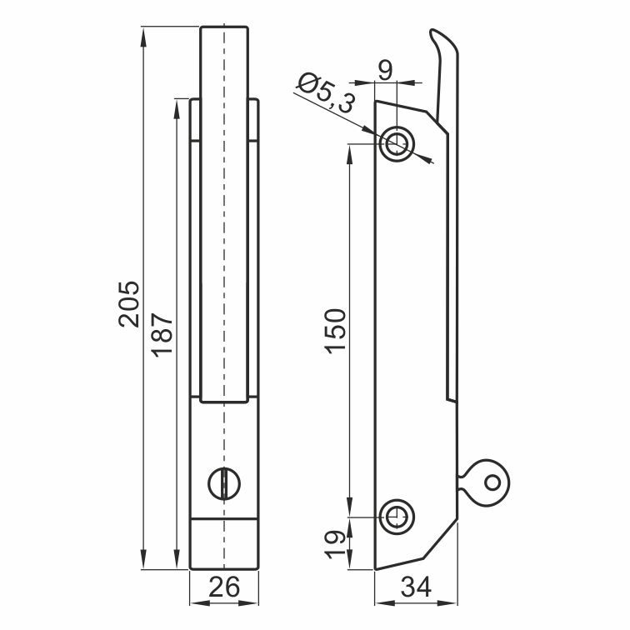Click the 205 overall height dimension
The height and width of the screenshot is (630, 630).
(129, 304)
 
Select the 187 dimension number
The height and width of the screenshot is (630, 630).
(162, 335)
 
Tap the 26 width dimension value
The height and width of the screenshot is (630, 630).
(224, 587)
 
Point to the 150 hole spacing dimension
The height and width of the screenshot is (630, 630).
(336, 331)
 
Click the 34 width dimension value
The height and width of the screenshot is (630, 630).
(417, 587)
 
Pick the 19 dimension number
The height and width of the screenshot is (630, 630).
(336, 545)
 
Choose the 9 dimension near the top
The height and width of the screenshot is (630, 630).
(385, 71)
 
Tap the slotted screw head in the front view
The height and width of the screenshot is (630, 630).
(224, 483)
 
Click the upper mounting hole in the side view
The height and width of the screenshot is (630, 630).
(397, 143)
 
